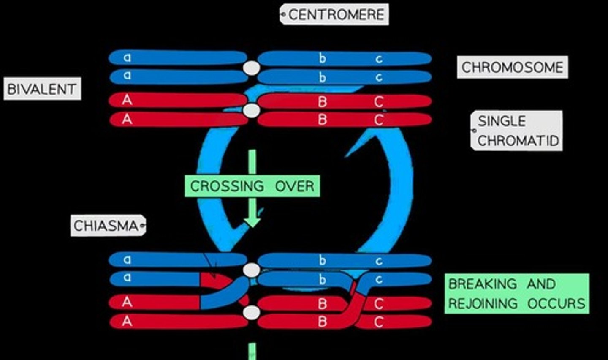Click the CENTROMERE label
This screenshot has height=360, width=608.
pos(336,15)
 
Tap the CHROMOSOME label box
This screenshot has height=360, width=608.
pos(512,67)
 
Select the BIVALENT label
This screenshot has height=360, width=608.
pos(42,89)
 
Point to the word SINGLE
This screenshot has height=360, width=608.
pos(502,121)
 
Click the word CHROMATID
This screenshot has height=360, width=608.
pos(518,140)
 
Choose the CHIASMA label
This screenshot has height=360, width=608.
pos(106,226)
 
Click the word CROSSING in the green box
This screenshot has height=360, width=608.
pos(227,186)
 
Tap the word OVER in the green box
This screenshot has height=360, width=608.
pos(294,186)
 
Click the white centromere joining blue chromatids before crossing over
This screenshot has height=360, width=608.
pos(252,68)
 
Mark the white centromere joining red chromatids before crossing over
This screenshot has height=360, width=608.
pos(252,110)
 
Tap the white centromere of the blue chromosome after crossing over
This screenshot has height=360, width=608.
pos(252,270)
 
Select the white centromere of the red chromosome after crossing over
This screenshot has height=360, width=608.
pos(252,313)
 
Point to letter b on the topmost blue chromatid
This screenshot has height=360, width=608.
pos(322,58)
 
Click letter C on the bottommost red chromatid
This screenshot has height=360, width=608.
pos(378,322)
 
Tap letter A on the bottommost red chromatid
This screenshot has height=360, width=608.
pos(127,321)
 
